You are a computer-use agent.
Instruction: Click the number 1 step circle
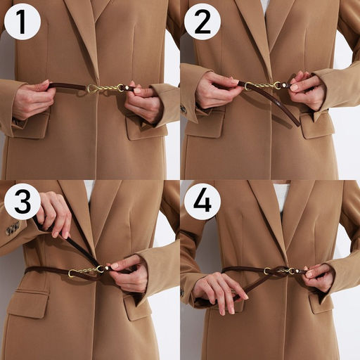click(x=22, y=22)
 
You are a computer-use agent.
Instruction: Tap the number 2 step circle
click(x=202, y=22)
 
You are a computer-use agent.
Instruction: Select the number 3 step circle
click(x=22, y=202)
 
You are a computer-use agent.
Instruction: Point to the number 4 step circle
click(x=202, y=202)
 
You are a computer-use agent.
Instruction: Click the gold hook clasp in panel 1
click(x=92, y=89)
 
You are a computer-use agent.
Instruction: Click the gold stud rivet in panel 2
click(x=284, y=85)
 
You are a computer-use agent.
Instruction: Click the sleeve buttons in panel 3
click(x=13, y=228)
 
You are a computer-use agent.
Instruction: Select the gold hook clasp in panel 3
click(x=73, y=273)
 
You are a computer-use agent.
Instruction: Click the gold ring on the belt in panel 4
click(x=267, y=271)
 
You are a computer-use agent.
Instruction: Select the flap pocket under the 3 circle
click(x=28, y=304)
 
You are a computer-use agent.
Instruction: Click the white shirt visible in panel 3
click(x=89, y=192)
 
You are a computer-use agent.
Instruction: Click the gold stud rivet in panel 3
click(x=107, y=268)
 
